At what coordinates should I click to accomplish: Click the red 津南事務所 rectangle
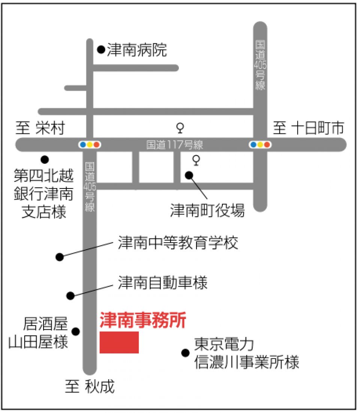119,342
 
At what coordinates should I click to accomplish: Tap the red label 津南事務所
143,320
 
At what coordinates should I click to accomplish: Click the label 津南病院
137,50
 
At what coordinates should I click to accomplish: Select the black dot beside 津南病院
101,49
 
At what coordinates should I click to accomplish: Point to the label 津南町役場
207,211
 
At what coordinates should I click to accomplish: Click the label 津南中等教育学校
178,242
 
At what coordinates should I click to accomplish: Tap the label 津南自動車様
163,283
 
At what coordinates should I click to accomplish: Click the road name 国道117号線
175,145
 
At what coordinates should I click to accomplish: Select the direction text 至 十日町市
309,128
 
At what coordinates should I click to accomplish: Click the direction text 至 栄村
40,128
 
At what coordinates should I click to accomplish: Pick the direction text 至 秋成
90,386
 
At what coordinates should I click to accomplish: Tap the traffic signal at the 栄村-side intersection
90,145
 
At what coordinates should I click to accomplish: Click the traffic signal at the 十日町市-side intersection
260,145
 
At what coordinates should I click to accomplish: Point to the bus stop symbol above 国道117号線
180,128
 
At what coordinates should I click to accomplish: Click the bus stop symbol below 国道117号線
196,160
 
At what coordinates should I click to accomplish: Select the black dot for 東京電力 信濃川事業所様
186,353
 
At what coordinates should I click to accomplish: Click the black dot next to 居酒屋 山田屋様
76,331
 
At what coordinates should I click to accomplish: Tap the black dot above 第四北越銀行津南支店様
45,159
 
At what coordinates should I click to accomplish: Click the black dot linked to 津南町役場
189,175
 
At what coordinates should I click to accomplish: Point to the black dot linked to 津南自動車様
70,296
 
